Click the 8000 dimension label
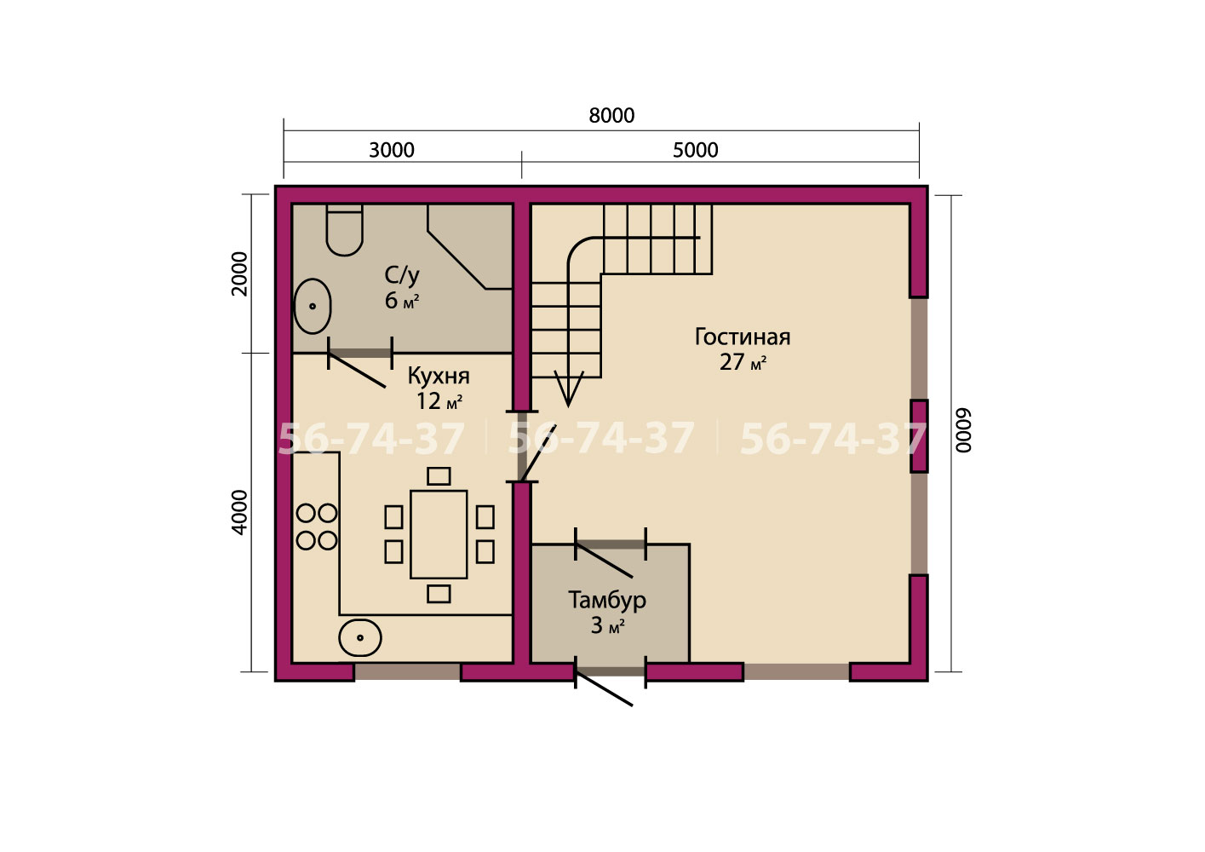point(611,115)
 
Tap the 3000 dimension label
point(392,150)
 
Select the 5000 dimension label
point(696,150)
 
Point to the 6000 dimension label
point(963,430)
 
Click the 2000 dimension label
point(239,274)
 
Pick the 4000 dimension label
point(239,512)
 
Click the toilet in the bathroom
point(344,230)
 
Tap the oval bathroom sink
point(312,306)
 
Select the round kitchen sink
point(360,638)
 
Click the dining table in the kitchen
point(439,534)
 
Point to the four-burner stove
point(317,527)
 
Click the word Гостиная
point(743,337)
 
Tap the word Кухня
point(439,376)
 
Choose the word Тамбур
point(607,600)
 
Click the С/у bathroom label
point(402,275)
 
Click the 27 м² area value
point(743,362)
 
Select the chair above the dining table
point(439,476)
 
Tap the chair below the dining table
point(439,594)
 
